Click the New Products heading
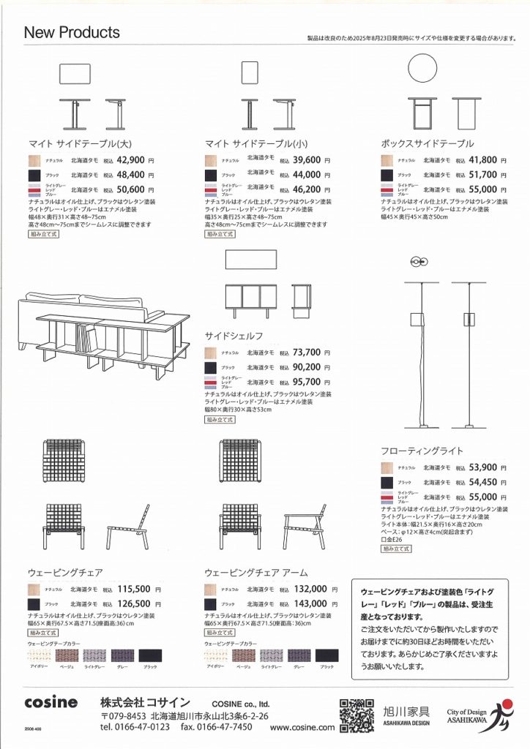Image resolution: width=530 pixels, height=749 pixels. point(72,33)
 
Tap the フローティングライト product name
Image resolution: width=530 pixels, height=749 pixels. point(422,451)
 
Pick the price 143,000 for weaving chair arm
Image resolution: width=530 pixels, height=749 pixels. point(310,603)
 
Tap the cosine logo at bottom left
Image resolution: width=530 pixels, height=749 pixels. point(51,702)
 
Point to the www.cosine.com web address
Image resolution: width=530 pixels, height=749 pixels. point(302,727)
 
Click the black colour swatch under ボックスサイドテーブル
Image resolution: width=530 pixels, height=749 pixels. point(387,176)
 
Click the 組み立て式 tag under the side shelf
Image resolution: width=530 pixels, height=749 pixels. point(220,420)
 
